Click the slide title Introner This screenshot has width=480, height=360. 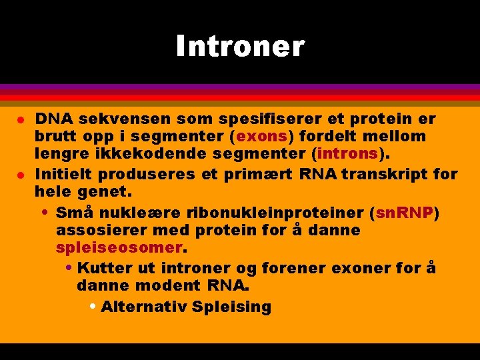[x=240, y=47]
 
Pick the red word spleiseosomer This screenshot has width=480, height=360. [x=119, y=249]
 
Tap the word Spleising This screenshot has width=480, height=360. [x=231, y=307]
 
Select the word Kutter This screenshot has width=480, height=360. [x=105, y=269]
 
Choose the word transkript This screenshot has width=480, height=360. [x=389, y=175]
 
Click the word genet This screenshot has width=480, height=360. [x=108, y=193]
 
